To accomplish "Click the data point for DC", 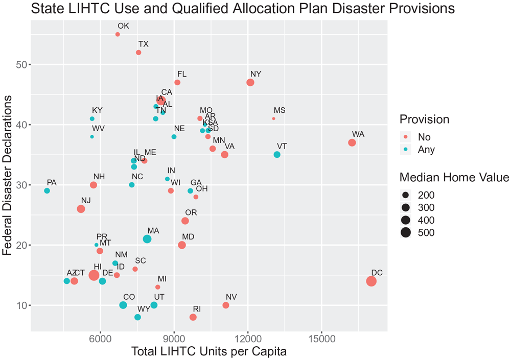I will (371, 281).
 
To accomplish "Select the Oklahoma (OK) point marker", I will (118, 34).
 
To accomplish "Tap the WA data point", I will (352, 142).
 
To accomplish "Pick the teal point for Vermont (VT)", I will (277, 155).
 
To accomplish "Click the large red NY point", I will (250, 83).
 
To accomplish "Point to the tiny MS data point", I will (274, 118).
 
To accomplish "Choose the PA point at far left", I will (47, 191).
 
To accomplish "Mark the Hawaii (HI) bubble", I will (94, 275).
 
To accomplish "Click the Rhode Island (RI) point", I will (193, 317).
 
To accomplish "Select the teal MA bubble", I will (147, 239).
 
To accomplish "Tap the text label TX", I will (143, 44).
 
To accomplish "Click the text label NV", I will (231, 297).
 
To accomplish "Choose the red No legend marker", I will (406, 137).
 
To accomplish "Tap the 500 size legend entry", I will (426, 233).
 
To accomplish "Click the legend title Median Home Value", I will (454, 177).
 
